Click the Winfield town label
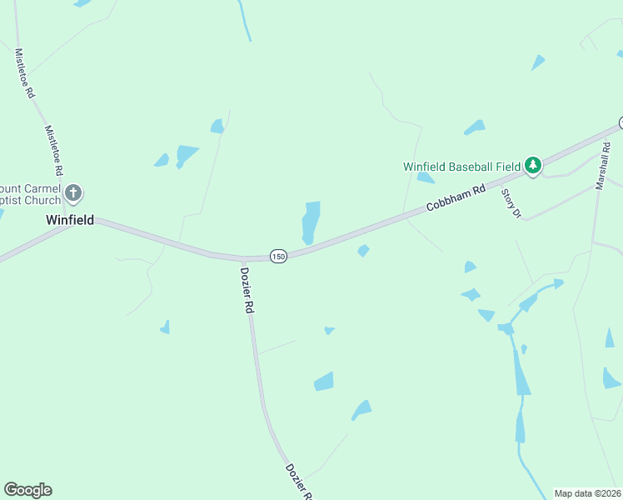tap(69, 221)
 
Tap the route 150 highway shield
tap(278, 257)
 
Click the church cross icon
tap(73, 194)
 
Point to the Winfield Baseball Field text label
tap(462, 166)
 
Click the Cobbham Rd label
tap(456, 198)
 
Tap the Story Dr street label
tap(510, 203)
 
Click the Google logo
tap(27, 490)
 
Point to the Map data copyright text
tap(588, 493)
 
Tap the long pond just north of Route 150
tap(310, 222)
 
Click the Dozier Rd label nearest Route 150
tap(247, 288)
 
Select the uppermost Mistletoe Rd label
tap(24, 73)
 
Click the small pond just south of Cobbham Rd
tap(363, 251)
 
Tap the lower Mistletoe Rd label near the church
tap(54, 150)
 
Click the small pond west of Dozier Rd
tap(165, 327)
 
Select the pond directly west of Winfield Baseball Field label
tap(426, 177)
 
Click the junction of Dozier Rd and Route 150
tap(243, 258)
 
